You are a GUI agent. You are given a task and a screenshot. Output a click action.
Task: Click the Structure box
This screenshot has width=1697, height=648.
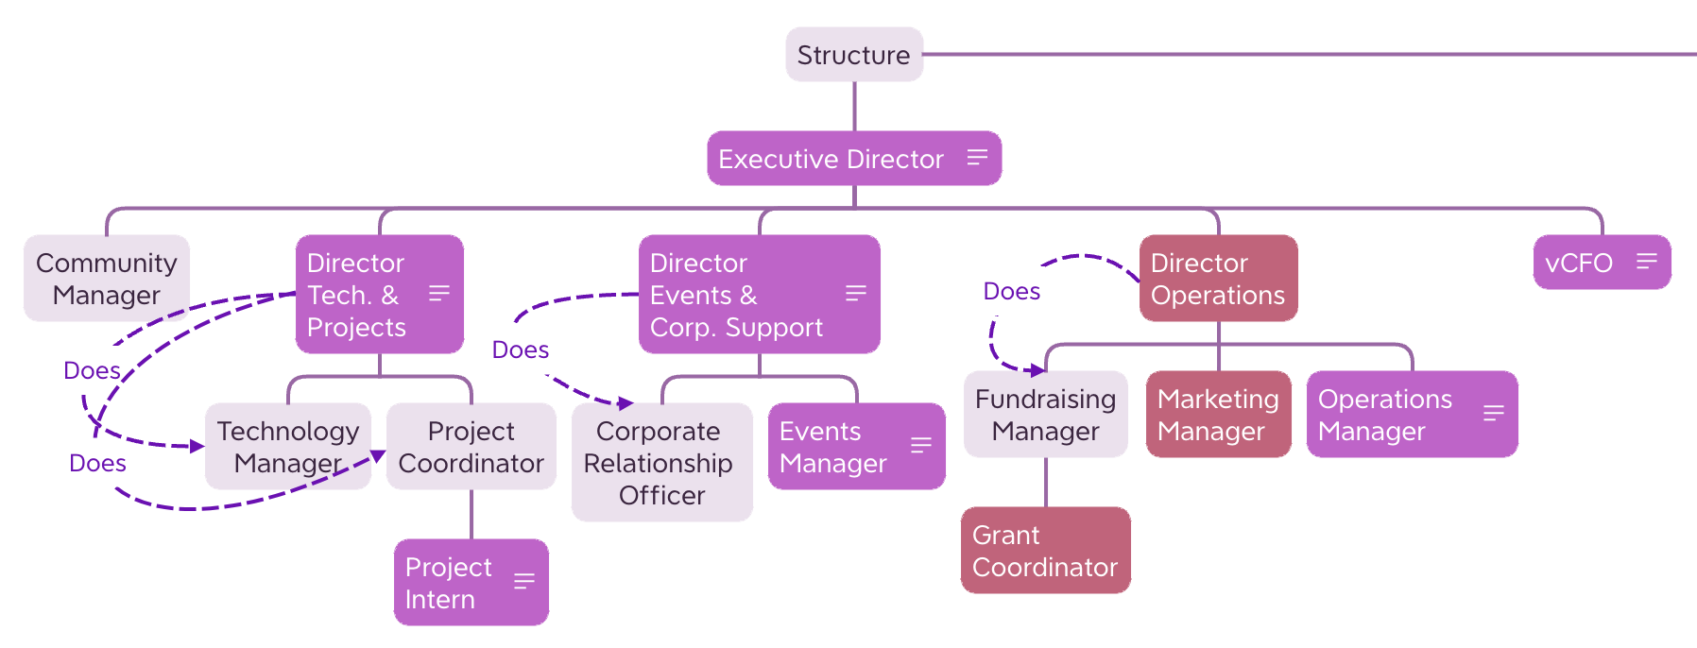(853, 55)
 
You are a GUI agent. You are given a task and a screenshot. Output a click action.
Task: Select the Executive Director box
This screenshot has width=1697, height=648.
(831, 159)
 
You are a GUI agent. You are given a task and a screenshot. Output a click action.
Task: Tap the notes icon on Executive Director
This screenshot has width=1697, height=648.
(977, 158)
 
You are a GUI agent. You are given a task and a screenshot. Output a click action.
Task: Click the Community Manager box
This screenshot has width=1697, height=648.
(106, 279)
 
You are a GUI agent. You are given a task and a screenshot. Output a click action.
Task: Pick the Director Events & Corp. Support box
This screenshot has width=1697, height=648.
(737, 295)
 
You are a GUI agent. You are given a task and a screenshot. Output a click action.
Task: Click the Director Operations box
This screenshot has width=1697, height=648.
(1217, 279)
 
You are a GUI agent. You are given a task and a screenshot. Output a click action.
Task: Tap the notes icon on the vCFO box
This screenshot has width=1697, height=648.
(1647, 262)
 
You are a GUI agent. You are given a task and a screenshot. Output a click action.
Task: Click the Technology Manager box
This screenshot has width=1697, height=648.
(287, 446)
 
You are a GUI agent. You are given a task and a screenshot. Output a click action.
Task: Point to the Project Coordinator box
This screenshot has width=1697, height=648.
(471, 446)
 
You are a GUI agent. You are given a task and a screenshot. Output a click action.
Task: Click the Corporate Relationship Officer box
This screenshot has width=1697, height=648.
(661, 463)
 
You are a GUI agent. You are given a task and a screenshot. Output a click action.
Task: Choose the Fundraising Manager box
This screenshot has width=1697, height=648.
(1045, 415)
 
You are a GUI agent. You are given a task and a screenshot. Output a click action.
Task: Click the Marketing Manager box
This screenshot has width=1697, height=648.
(1217, 415)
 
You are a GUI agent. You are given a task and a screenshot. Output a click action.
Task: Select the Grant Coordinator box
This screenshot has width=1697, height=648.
(1044, 551)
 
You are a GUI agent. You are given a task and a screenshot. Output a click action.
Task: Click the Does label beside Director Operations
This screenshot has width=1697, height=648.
(1011, 292)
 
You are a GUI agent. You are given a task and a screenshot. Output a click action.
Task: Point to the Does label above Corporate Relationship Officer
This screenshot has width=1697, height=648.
(520, 350)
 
